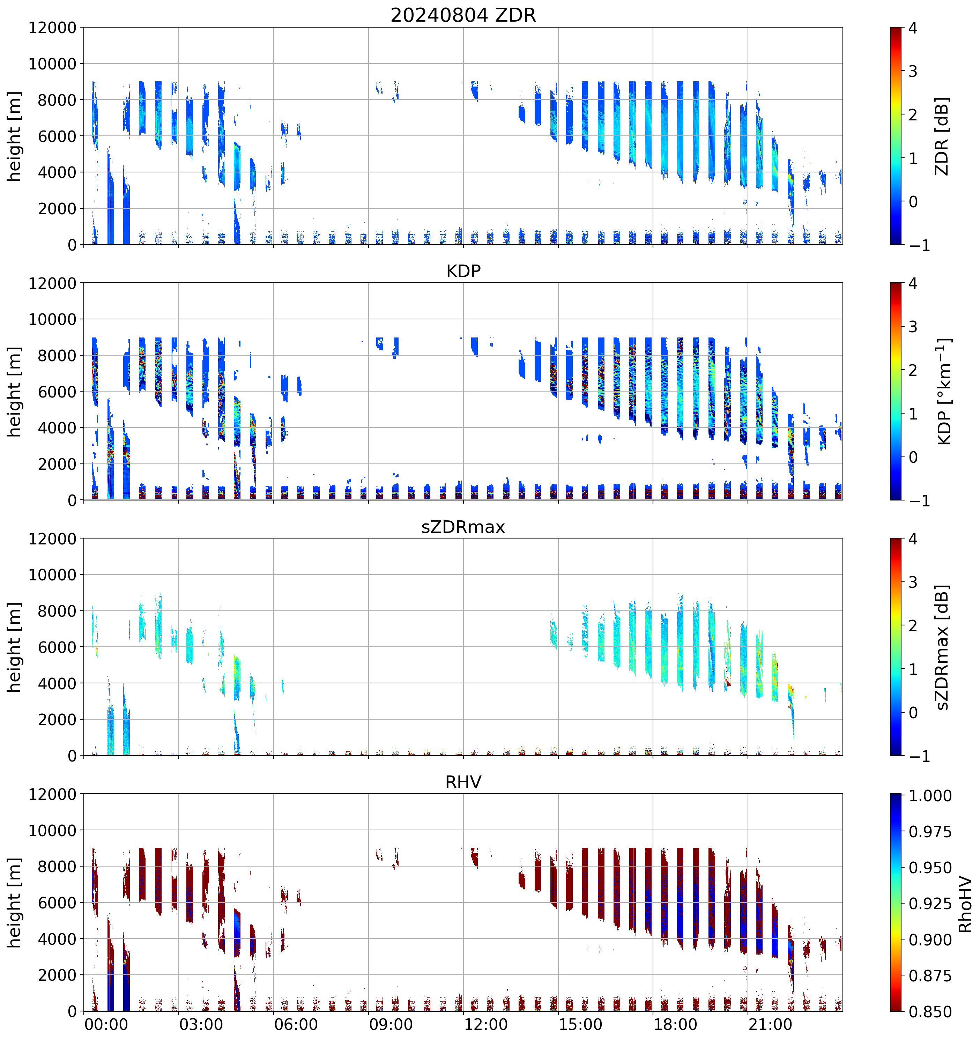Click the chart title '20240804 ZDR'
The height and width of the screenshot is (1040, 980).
[463, 15]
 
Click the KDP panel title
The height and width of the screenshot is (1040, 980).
[463, 271]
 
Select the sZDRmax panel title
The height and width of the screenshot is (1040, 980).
[463, 527]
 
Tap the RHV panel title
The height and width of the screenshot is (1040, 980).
[463, 782]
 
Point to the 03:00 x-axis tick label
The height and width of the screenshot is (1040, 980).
[201, 1024]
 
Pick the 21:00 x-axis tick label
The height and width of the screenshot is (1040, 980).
[770, 1024]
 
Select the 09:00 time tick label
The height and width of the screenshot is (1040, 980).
[391, 1024]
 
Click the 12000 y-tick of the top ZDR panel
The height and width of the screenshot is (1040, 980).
[52, 28]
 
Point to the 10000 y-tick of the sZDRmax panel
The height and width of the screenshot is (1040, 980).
[52, 575]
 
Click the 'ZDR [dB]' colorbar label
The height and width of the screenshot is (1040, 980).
[942, 136]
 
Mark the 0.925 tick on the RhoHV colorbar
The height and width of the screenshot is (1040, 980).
[930, 904]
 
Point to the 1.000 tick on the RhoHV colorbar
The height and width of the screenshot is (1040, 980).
[930, 796]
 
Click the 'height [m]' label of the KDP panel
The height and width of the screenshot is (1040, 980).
[14, 391]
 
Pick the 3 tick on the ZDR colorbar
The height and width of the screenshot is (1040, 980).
[913, 71]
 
